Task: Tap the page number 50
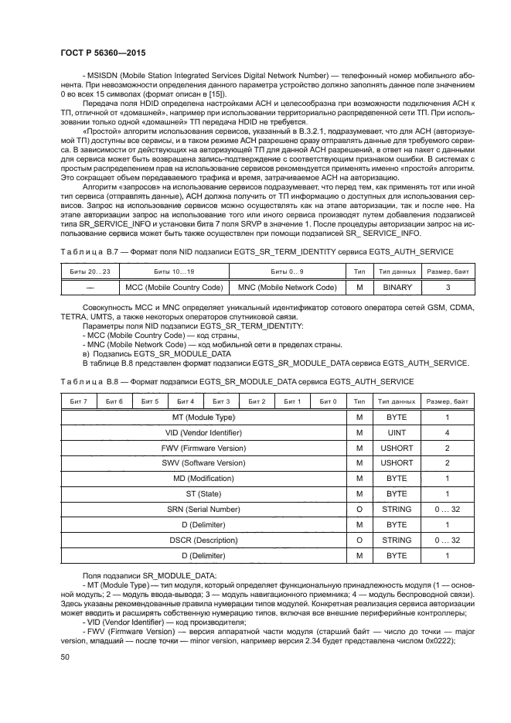pos(66,656)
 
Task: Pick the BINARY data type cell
pos(397,287)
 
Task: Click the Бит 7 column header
pos(78,401)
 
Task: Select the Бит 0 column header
pos(329,401)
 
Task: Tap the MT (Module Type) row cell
pos(203,417)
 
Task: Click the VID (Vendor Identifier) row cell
pos(203,432)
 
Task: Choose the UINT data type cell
pos(397,432)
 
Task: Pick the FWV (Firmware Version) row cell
pos(203,448)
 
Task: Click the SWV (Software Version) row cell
pos(203,462)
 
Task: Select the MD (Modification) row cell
pos(203,478)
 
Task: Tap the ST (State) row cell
pos(203,493)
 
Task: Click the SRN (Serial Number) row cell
pos(203,509)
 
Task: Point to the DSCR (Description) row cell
pos(203,540)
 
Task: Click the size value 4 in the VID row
pos(447,432)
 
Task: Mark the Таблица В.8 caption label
pos(80,382)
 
